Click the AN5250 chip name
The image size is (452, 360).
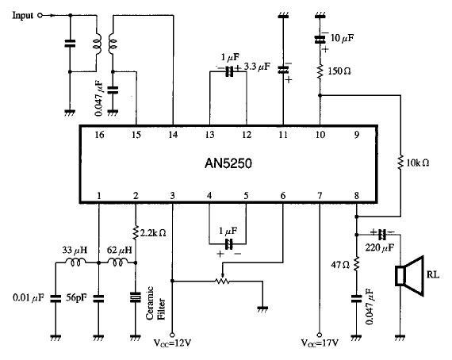click(x=228, y=163)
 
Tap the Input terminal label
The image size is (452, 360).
click(x=22, y=15)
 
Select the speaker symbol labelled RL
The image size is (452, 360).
click(x=410, y=276)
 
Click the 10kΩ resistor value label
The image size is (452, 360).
click(x=418, y=163)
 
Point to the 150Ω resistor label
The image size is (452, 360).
click(x=339, y=71)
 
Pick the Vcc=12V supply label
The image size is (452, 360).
click(x=172, y=343)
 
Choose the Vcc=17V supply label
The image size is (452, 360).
click(x=320, y=343)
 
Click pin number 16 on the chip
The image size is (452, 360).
click(x=99, y=135)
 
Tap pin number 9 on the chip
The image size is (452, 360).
click(x=357, y=135)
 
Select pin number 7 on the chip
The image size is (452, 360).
click(x=320, y=196)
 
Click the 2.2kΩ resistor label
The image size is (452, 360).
click(x=153, y=233)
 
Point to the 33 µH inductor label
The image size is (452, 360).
click(x=75, y=250)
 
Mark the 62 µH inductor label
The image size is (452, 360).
click(x=119, y=250)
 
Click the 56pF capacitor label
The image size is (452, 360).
click(x=76, y=297)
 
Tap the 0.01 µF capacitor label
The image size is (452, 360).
click(x=29, y=297)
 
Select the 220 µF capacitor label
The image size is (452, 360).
click(x=380, y=247)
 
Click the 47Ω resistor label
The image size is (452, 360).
click(x=340, y=265)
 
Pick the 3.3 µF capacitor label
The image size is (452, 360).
click(x=257, y=67)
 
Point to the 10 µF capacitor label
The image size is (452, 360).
click(x=342, y=38)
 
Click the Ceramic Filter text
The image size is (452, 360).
click(x=156, y=303)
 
